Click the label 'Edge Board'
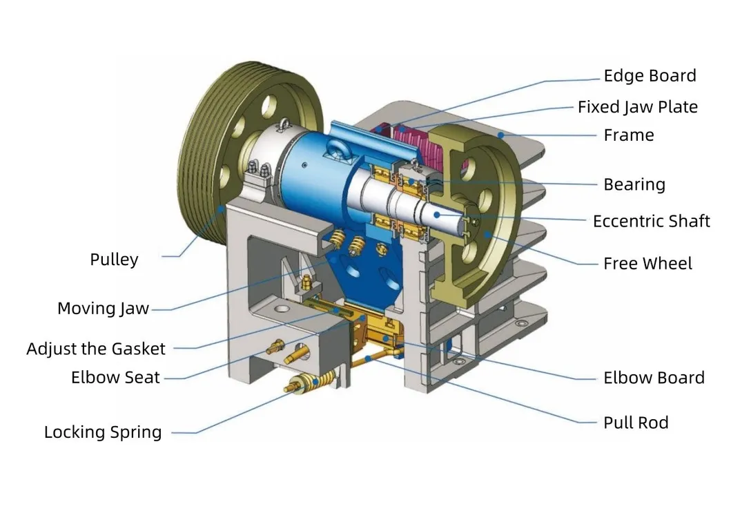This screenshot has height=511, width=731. (x=650, y=76)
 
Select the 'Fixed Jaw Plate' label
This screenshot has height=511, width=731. (x=637, y=107)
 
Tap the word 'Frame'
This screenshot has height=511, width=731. (x=628, y=135)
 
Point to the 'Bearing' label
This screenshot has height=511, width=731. (x=634, y=184)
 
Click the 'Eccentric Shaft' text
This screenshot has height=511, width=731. (x=651, y=222)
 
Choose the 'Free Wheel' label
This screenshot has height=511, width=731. (x=647, y=263)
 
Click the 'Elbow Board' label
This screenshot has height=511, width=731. (x=653, y=378)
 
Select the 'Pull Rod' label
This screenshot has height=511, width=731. (x=635, y=423)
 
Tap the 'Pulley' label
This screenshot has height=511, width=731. (x=114, y=260)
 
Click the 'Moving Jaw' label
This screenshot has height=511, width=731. (x=103, y=308)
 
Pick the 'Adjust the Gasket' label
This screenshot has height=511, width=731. (x=96, y=349)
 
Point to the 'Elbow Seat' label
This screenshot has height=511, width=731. (x=115, y=378)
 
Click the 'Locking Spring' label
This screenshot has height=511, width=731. (x=103, y=432)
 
